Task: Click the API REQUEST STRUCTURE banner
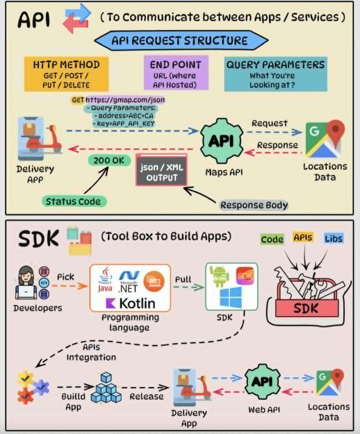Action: [181, 40]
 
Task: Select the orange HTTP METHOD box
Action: [66, 74]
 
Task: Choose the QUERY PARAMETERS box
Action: [275, 74]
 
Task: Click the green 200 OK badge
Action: [109, 160]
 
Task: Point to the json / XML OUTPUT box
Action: [162, 170]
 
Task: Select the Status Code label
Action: [74, 201]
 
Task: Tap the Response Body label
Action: [254, 205]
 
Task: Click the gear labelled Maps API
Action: [222, 141]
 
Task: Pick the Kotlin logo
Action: [130, 303]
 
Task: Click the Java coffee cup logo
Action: [105, 279]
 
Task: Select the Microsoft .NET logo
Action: [128, 281]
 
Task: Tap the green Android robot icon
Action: [220, 276]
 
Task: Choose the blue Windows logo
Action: [231, 297]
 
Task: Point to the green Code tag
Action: [272, 239]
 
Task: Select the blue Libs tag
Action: [334, 238]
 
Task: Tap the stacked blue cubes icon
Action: [106, 387]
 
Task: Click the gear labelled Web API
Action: [262, 382]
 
